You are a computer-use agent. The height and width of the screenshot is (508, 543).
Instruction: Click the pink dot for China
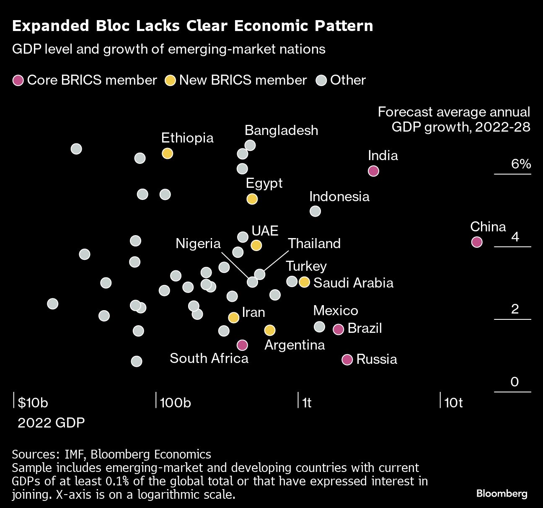(476, 242)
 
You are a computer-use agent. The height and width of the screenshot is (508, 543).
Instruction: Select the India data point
(373, 171)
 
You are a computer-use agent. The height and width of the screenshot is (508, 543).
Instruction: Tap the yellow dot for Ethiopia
(167, 153)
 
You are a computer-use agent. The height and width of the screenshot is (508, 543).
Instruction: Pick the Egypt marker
(252, 199)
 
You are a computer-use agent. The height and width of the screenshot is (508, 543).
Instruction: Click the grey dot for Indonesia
(315, 211)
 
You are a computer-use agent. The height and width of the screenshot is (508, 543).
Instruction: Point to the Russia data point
(347, 360)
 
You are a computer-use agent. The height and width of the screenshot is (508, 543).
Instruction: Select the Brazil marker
(338, 329)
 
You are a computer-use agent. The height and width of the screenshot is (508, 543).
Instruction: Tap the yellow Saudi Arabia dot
(304, 282)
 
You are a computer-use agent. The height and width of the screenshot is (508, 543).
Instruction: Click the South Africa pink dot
(242, 345)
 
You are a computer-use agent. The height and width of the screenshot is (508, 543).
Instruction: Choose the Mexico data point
(319, 327)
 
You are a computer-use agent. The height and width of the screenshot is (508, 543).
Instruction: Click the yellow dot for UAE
(256, 245)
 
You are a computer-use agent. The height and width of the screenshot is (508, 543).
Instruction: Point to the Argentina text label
(295, 345)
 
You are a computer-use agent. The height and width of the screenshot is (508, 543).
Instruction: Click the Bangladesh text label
(281, 130)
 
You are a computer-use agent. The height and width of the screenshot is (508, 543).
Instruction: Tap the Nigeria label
(198, 244)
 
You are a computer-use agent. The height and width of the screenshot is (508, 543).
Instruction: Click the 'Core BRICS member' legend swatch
(18, 80)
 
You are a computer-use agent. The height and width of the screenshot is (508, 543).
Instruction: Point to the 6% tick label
(521, 164)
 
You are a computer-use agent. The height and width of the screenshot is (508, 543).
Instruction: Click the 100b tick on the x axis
(175, 403)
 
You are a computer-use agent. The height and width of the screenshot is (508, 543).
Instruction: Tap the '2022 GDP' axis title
(51, 422)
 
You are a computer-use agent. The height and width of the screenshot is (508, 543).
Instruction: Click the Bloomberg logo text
(502, 494)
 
